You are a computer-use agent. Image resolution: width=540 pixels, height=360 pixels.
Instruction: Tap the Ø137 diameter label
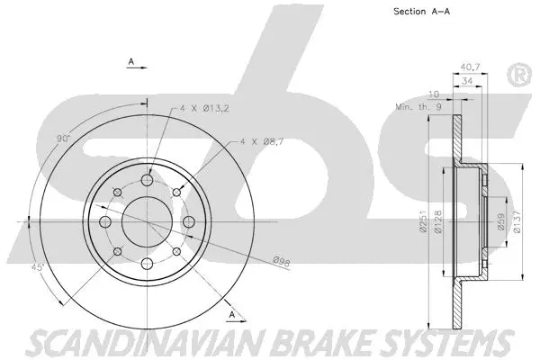[x=517, y=220]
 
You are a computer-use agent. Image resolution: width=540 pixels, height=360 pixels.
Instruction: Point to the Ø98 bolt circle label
[x=282, y=261]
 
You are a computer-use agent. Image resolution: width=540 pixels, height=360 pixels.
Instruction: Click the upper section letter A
[x=131, y=62]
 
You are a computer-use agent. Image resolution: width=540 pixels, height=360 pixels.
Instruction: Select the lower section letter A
[x=232, y=313]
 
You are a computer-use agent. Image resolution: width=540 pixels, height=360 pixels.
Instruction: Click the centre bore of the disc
[x=144, y=221]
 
